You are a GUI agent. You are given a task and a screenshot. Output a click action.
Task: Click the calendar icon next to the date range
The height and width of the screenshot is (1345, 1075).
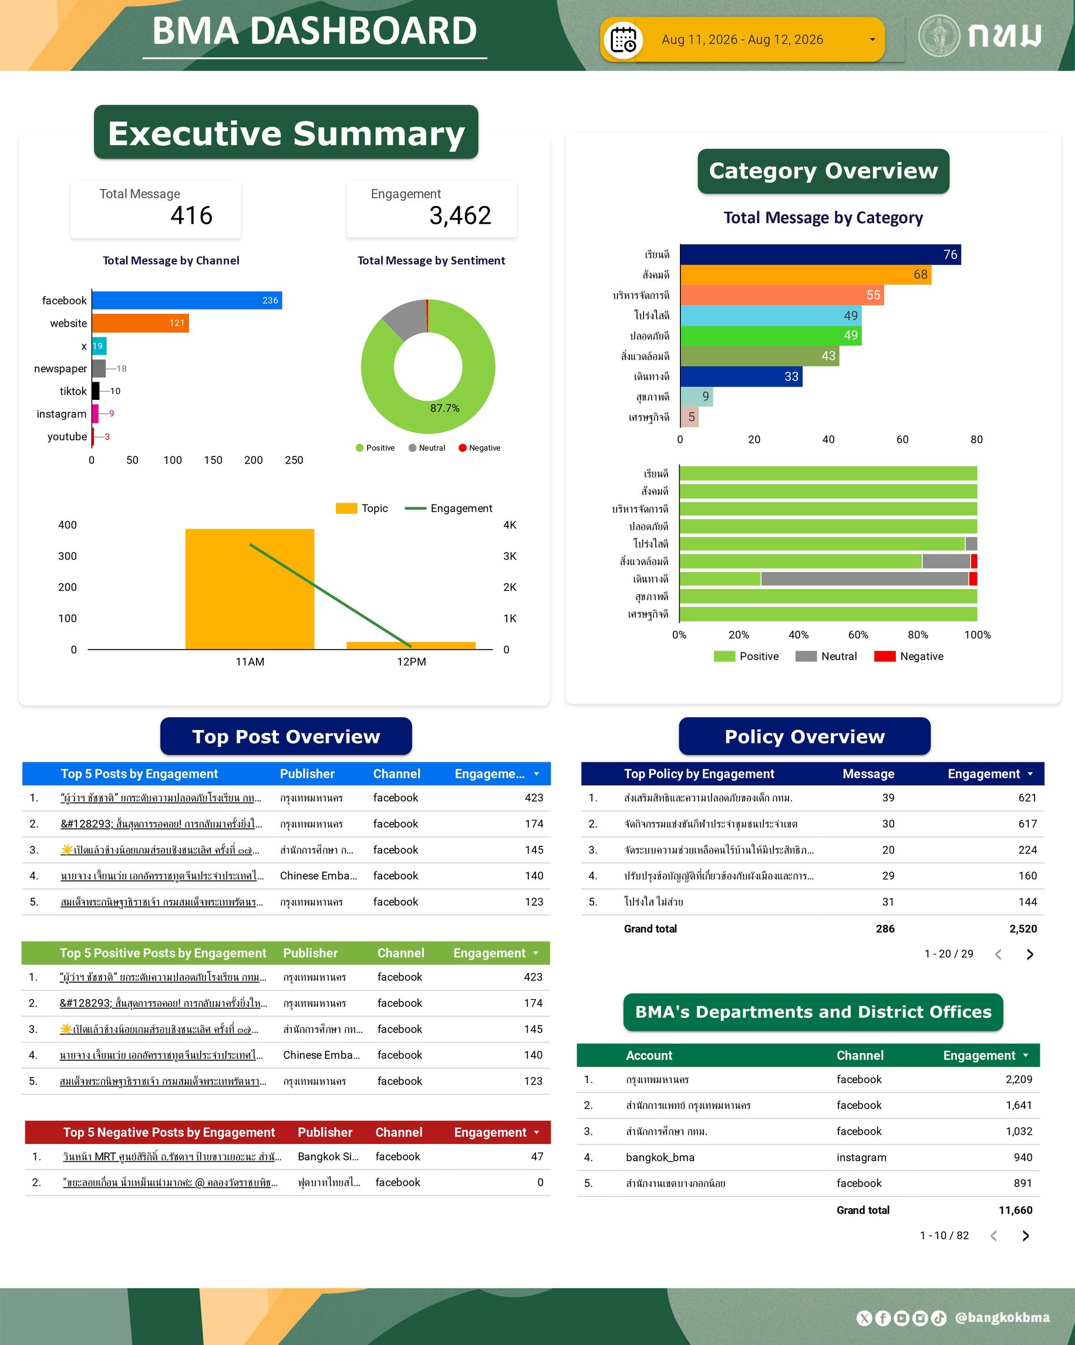tap(623, 40)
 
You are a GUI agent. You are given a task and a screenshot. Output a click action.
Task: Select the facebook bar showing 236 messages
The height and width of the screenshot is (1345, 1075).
tap(187, 300)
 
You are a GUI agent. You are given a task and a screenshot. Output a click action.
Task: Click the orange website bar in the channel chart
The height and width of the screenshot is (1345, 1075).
tap(140, 323)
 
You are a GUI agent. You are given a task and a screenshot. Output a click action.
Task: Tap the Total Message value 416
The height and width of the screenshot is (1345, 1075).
tap(191, 215)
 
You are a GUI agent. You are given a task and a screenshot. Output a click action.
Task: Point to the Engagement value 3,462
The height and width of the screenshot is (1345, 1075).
tap(460, 215)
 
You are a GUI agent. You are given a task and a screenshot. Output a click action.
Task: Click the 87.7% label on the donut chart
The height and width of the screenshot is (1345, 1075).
tap(444, 408)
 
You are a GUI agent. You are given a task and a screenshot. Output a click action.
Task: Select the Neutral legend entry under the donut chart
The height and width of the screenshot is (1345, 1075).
tap(427, 448)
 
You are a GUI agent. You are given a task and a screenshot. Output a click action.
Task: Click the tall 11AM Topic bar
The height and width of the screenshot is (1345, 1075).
tap(250, 589)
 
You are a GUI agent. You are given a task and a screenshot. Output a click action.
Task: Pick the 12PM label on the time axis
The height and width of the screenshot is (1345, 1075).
tap(412, 662)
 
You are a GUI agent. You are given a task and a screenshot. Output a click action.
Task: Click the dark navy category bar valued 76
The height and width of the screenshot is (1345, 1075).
tap(820, 254)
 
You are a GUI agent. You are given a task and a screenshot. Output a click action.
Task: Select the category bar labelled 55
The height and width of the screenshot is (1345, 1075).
tap(782, 295)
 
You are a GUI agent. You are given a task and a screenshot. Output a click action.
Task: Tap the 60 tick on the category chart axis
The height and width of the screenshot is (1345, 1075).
tap(902, 439)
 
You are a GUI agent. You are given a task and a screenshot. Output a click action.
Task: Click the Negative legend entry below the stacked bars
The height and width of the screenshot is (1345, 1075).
tap(908, 656)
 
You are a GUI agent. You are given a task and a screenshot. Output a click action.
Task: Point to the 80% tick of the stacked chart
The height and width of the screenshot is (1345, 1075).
tap(918, 634)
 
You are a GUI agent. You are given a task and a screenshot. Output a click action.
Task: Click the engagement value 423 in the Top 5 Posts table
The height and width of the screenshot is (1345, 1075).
tap(534, 798)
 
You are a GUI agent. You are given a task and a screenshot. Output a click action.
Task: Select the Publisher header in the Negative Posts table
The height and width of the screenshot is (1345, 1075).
tap(325, 1132)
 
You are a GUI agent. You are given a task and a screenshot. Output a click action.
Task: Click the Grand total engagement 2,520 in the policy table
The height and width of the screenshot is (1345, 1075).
tap(1023, 929)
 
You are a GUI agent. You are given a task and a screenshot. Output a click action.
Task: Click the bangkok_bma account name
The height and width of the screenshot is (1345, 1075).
tap(660, 1157)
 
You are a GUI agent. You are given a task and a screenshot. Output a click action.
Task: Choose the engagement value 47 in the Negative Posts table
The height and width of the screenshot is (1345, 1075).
tap(537, 1156)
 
